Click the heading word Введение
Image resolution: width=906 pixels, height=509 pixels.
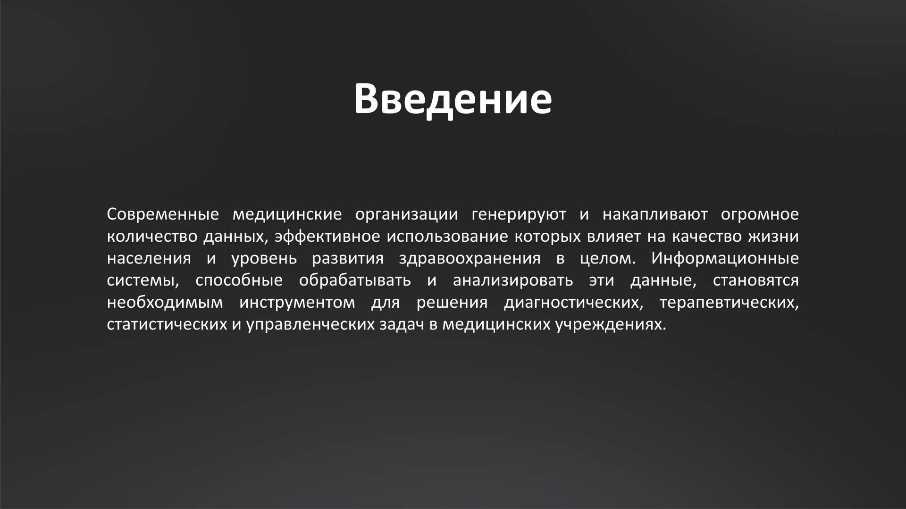point(453,99)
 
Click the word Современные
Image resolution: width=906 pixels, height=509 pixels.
point(163,214)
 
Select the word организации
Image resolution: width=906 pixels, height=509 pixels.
point(406,214)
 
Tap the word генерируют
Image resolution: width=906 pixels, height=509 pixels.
point(519,214)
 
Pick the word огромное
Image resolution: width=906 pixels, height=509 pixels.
point(760,214)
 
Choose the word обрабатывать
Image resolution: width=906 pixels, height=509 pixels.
point(355,281)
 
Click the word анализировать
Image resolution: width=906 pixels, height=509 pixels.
point(513,281)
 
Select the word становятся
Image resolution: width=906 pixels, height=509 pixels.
point(755,281)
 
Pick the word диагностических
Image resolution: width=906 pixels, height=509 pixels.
point(573,303)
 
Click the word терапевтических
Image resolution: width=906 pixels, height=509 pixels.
point(729,303)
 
